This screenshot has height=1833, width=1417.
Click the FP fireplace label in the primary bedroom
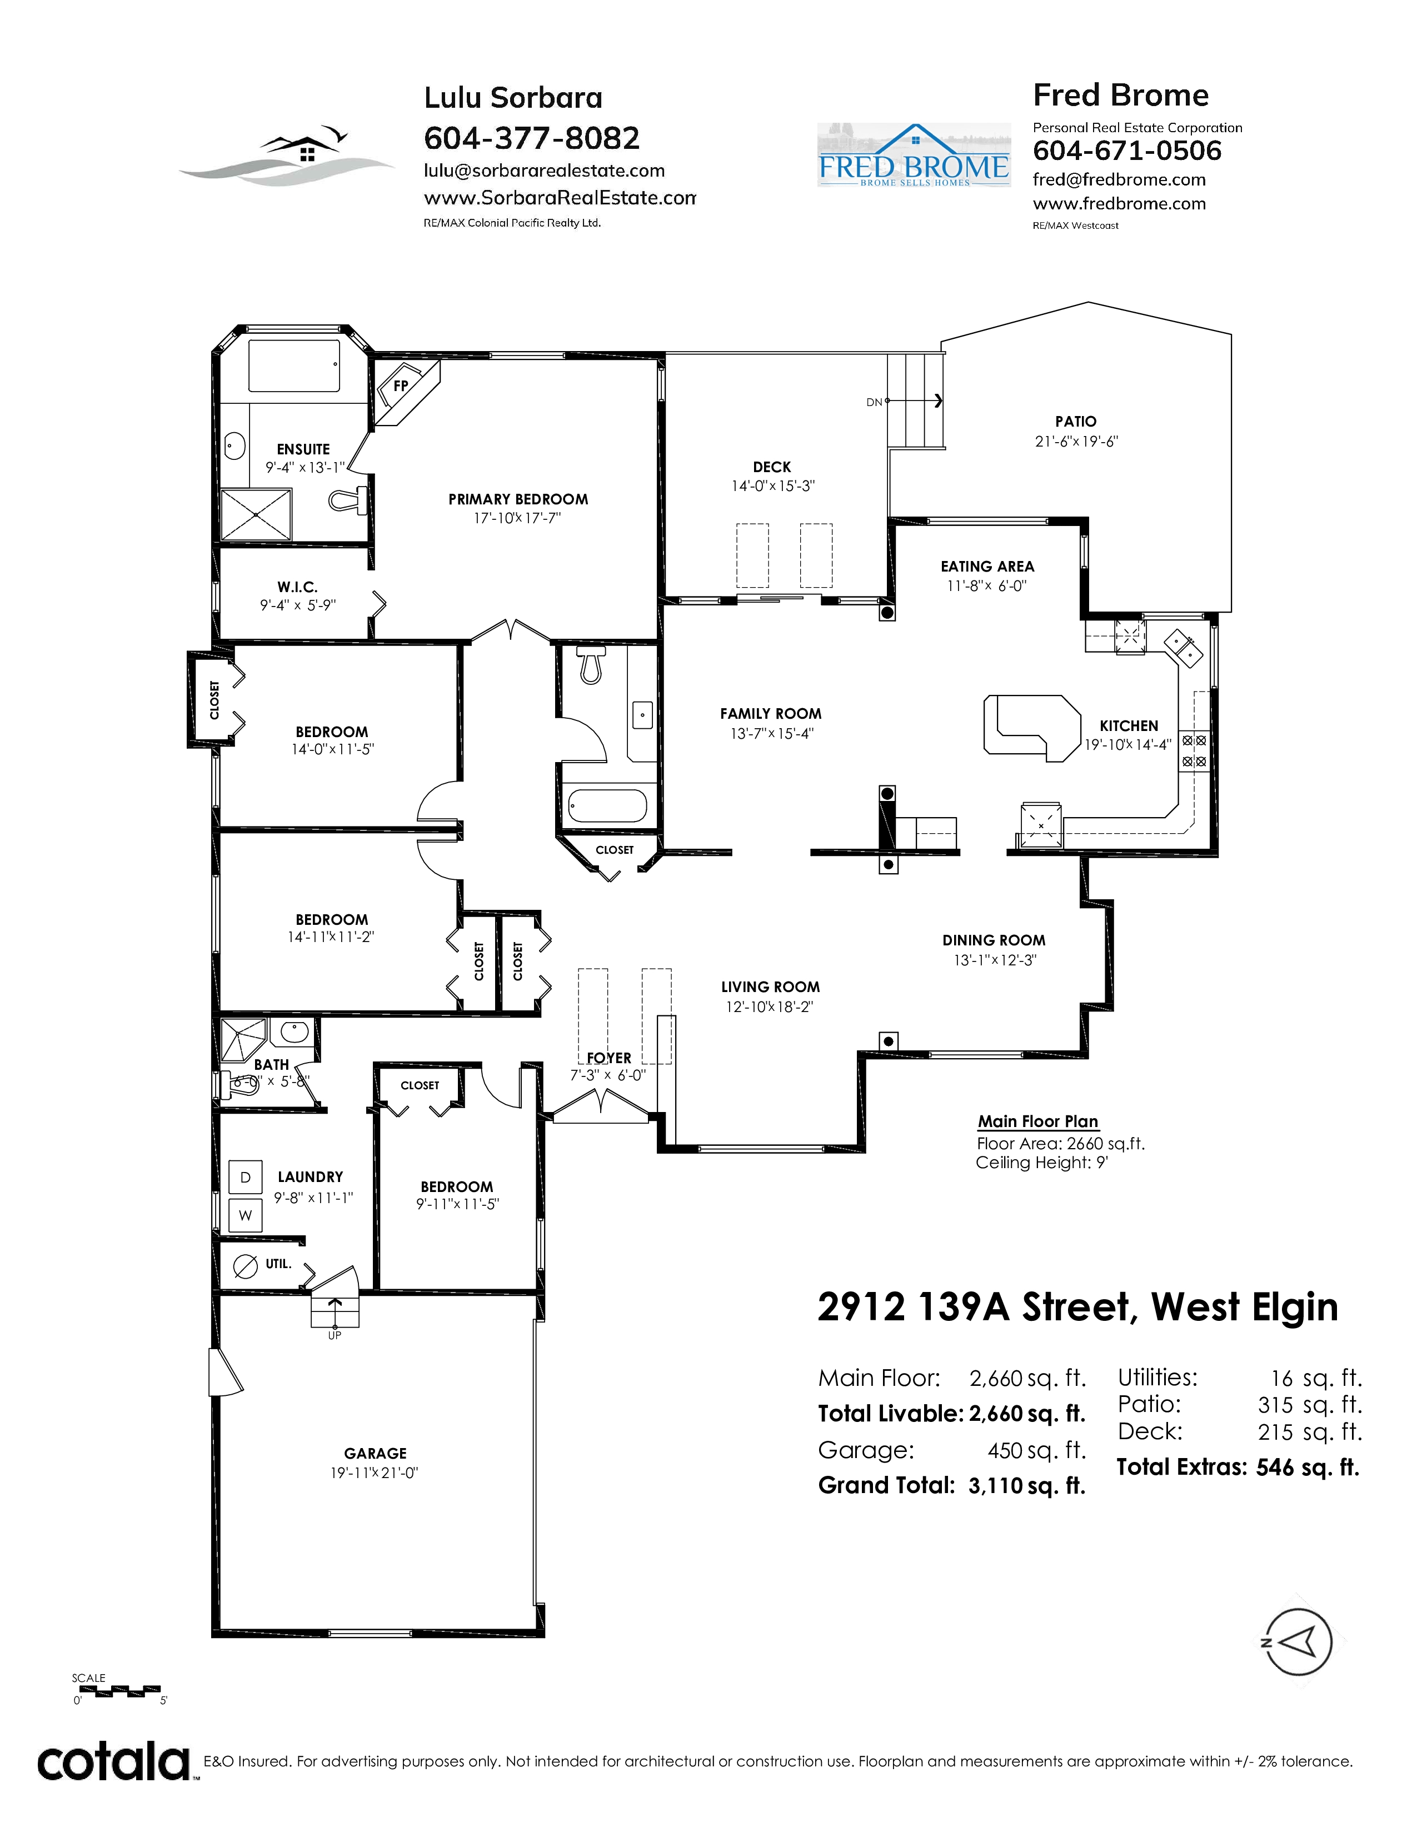pos(401,386)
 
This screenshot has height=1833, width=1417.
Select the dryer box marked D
pos(245,1178)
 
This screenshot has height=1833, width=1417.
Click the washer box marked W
pos(245,1215)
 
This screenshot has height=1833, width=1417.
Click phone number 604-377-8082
pos(531,138)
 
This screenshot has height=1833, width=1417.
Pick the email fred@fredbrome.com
pos(1119,179)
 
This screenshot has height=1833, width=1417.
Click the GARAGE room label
pos(375,1453)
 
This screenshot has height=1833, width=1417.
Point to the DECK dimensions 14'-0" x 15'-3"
pos(772,486)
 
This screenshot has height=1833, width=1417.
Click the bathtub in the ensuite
pos(294,365)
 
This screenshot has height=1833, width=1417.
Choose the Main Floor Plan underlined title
pos(1037,1121)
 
